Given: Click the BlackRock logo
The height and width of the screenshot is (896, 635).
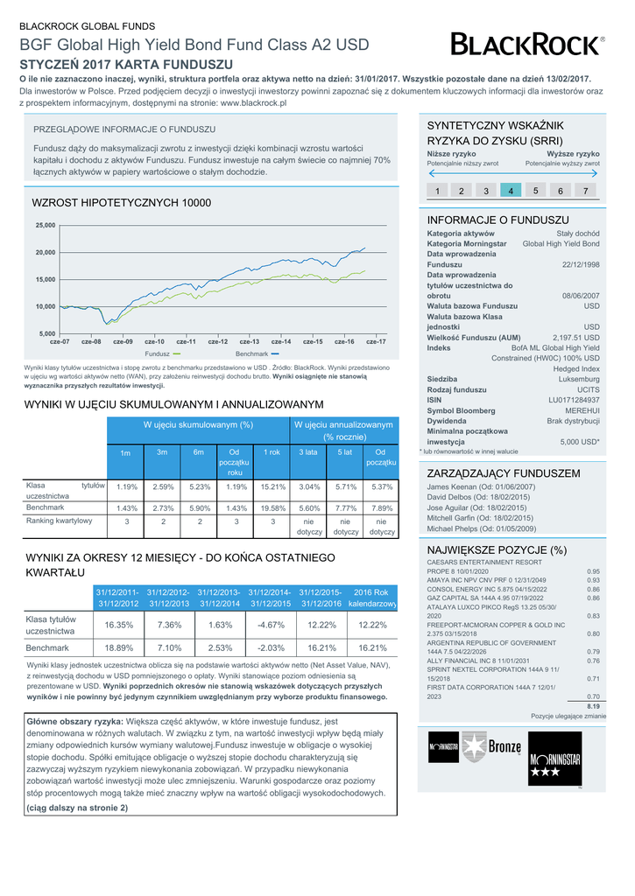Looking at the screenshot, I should point(526,44).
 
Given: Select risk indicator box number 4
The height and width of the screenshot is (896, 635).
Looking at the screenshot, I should point(510,190).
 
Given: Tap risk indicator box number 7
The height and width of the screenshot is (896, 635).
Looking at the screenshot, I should point(585,190).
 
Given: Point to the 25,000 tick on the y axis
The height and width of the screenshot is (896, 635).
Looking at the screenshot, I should point(45,225).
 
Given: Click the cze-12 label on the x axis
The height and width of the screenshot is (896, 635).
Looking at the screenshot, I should point(218,341).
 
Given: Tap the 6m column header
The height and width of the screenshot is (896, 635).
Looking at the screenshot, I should point(199,452).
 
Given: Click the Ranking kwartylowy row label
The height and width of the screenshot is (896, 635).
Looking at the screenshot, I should point(60,521).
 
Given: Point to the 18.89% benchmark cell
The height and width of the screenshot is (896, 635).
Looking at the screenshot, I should point(118,647).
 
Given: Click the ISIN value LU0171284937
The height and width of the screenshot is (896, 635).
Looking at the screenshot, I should point(574,400).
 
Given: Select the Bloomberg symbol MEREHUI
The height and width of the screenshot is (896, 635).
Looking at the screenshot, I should point(582,410).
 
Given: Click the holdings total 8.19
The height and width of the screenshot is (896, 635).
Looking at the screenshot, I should point(592,705).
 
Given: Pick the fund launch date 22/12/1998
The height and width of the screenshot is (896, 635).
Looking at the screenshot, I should point(581,264).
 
